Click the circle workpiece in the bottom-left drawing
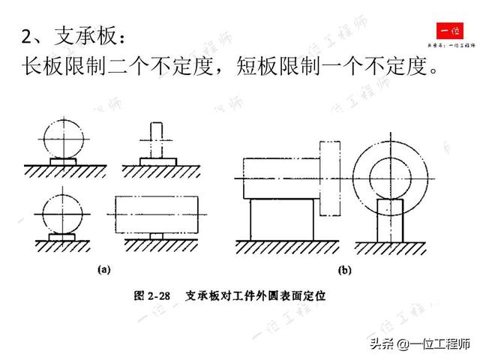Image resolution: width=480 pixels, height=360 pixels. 63,213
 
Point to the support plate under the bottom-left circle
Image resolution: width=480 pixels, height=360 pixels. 63,236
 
